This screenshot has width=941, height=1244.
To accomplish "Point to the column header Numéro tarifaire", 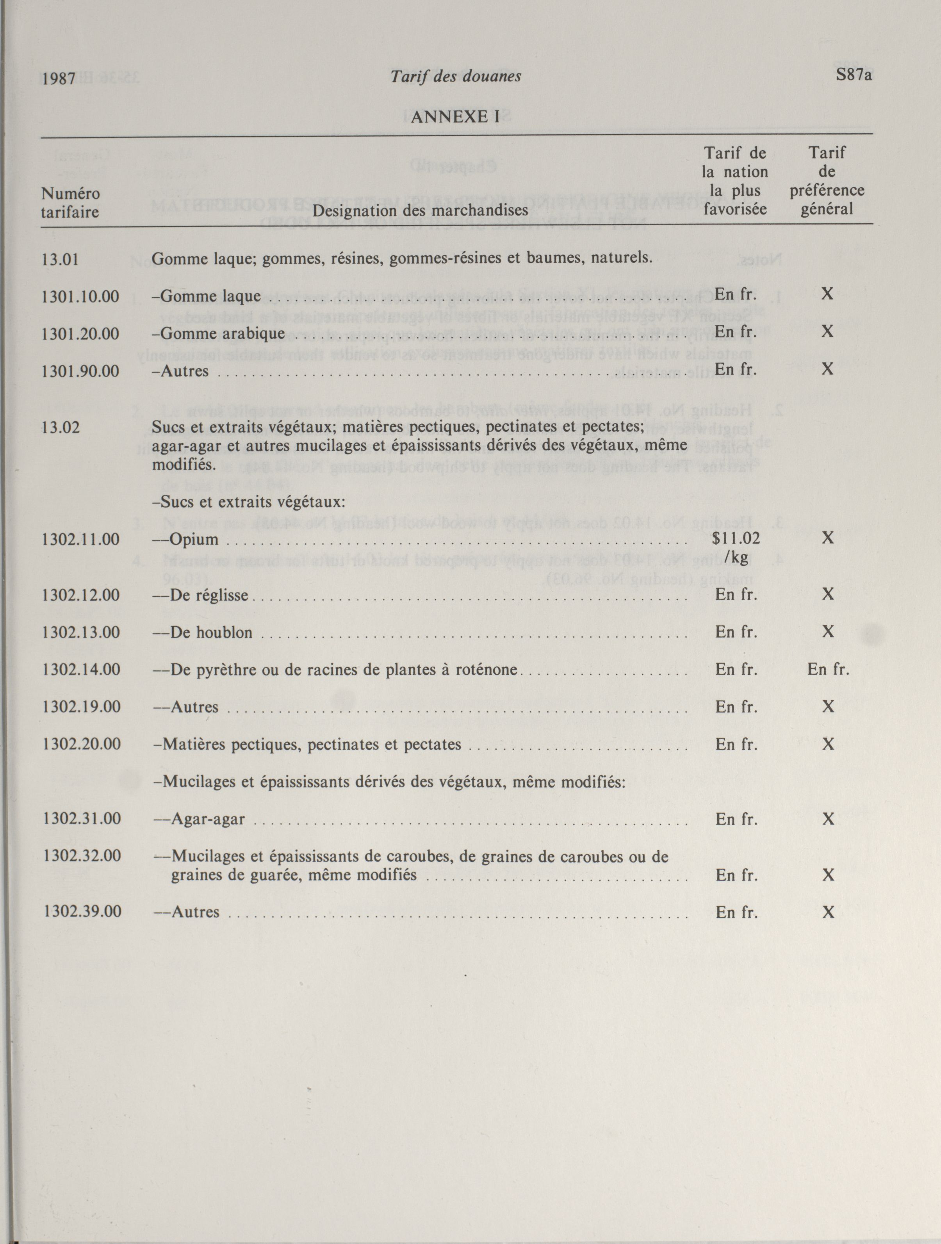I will point(70,203).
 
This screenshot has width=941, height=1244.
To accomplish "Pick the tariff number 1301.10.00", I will point(80,296).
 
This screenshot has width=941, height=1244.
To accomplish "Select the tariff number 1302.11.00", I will point(80,539).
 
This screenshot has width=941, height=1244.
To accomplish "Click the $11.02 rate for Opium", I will point(736,539).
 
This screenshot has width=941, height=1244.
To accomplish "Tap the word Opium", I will point(194,540).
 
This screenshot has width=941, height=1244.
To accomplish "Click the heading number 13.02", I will point(61,428).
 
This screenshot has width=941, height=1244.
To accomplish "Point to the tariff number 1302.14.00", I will point(81,669).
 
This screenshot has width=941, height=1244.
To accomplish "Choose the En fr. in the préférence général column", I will point(828,669).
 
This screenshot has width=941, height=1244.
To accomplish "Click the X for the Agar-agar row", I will point(828,819).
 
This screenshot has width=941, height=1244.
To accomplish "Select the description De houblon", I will point(211,632).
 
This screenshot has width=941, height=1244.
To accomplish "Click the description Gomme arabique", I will point(223,333).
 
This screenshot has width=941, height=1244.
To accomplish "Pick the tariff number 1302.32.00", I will point(82,855).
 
